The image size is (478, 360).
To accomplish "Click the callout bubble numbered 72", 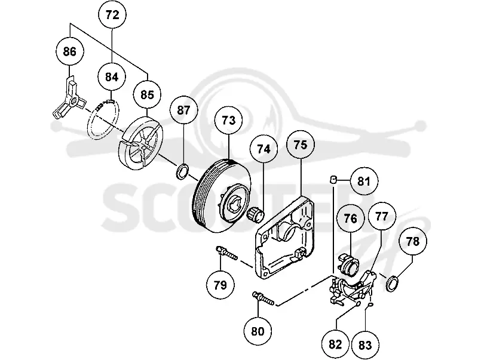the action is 112,14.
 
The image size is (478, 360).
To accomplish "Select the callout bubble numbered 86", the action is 70,51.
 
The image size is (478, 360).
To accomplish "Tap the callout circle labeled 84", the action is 112,77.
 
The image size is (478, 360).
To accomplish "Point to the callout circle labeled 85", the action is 148,95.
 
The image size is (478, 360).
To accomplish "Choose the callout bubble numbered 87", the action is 184,110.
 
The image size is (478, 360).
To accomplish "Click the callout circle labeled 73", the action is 229,121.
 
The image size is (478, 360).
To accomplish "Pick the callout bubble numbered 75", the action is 301,144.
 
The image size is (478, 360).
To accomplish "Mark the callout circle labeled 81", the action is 364,181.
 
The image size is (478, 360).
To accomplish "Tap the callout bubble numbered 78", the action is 413,242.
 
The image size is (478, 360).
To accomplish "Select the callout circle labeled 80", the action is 258,331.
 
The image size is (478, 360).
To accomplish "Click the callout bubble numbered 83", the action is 365,346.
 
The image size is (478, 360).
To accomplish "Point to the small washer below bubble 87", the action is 183,171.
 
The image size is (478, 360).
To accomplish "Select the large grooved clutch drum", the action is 222,196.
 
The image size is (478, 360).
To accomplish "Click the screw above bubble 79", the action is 226,253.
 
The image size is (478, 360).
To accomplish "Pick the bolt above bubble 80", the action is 263,298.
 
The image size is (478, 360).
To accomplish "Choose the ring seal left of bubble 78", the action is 393,283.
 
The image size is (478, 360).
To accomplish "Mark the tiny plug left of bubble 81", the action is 333,180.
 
